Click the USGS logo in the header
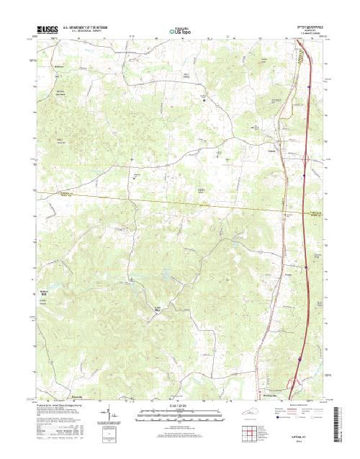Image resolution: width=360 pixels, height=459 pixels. (47, 30)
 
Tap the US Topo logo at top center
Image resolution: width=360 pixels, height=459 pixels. (179, 31)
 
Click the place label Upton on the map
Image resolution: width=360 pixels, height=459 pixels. (272, 151)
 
